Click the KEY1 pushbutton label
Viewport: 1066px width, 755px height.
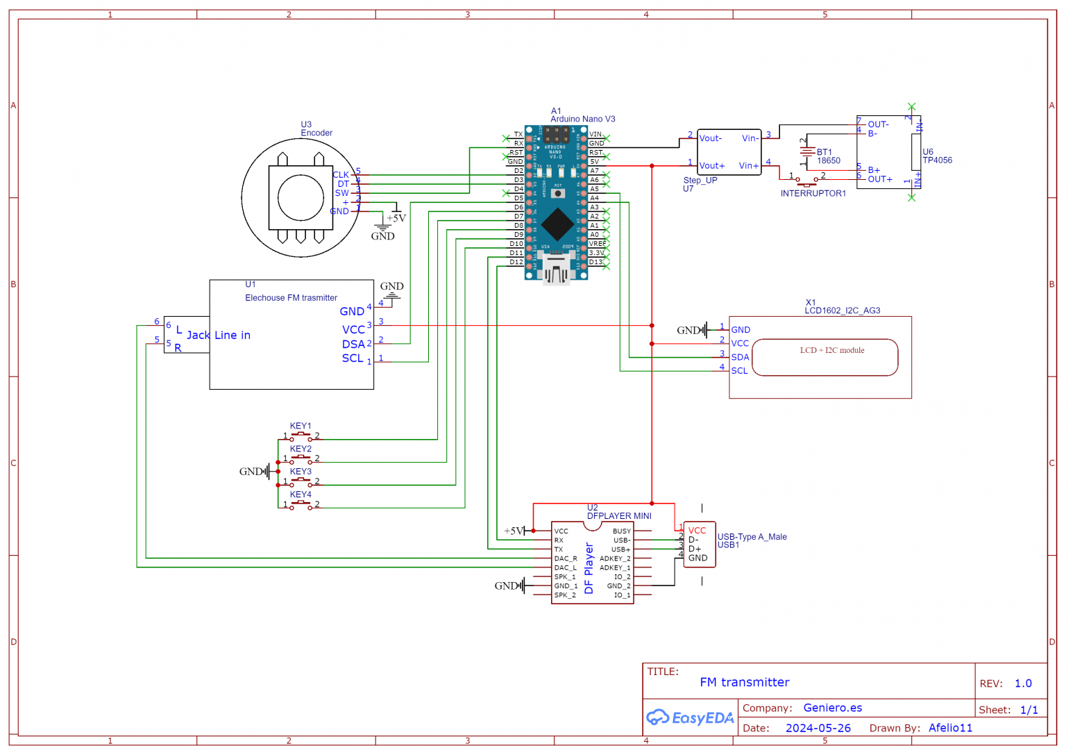point(301,426)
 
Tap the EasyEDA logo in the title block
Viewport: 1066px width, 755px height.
point(690,717)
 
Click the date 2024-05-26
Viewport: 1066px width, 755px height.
point(818,728)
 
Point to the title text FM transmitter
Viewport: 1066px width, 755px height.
point(744,682)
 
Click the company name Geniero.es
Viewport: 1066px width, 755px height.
point(832,708)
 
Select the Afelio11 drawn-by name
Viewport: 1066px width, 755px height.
point(950,728)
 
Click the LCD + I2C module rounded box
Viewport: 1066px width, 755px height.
point(824,358)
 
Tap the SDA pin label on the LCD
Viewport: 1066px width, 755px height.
point(740,357)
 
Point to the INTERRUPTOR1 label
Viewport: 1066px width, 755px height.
point(813,194)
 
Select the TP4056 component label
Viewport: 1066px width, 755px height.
point(937,160)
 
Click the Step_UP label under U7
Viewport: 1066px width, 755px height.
point(700,180)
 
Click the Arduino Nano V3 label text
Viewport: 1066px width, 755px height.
point(582,119)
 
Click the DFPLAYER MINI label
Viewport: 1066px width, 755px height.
point(619,516)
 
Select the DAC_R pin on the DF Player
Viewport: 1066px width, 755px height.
point(565,558)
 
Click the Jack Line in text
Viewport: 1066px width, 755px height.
point(219,335)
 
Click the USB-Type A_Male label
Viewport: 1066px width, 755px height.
point(752,537)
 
